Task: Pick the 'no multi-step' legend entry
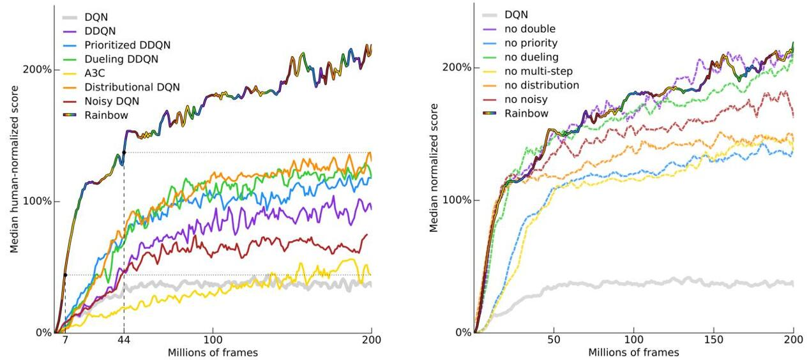538,71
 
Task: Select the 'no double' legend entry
530,29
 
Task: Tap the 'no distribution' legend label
541,85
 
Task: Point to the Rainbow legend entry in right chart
525,113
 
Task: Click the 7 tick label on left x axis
64,340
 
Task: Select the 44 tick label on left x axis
124,340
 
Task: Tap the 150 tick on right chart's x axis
713,340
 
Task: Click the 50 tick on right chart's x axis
554,340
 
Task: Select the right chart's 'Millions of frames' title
633,352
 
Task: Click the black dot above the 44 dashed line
124,153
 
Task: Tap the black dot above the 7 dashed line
64,275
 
